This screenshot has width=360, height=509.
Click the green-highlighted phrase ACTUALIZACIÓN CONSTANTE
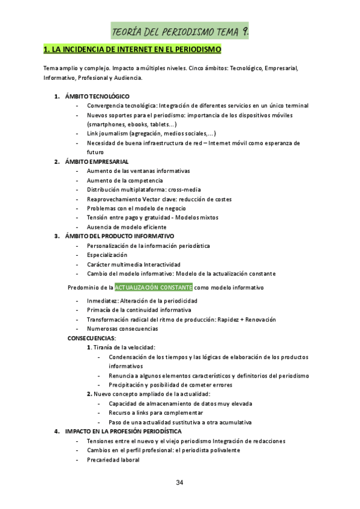154,288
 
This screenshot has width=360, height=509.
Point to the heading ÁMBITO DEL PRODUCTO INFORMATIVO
119,236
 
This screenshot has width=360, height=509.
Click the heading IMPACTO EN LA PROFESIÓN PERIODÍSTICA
123,431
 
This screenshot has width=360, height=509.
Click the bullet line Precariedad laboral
113,460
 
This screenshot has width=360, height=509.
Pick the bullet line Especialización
107,255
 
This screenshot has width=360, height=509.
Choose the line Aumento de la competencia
124,180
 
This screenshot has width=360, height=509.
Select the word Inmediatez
100,301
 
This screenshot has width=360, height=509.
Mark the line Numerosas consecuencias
122,329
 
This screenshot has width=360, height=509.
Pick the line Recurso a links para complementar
155,413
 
